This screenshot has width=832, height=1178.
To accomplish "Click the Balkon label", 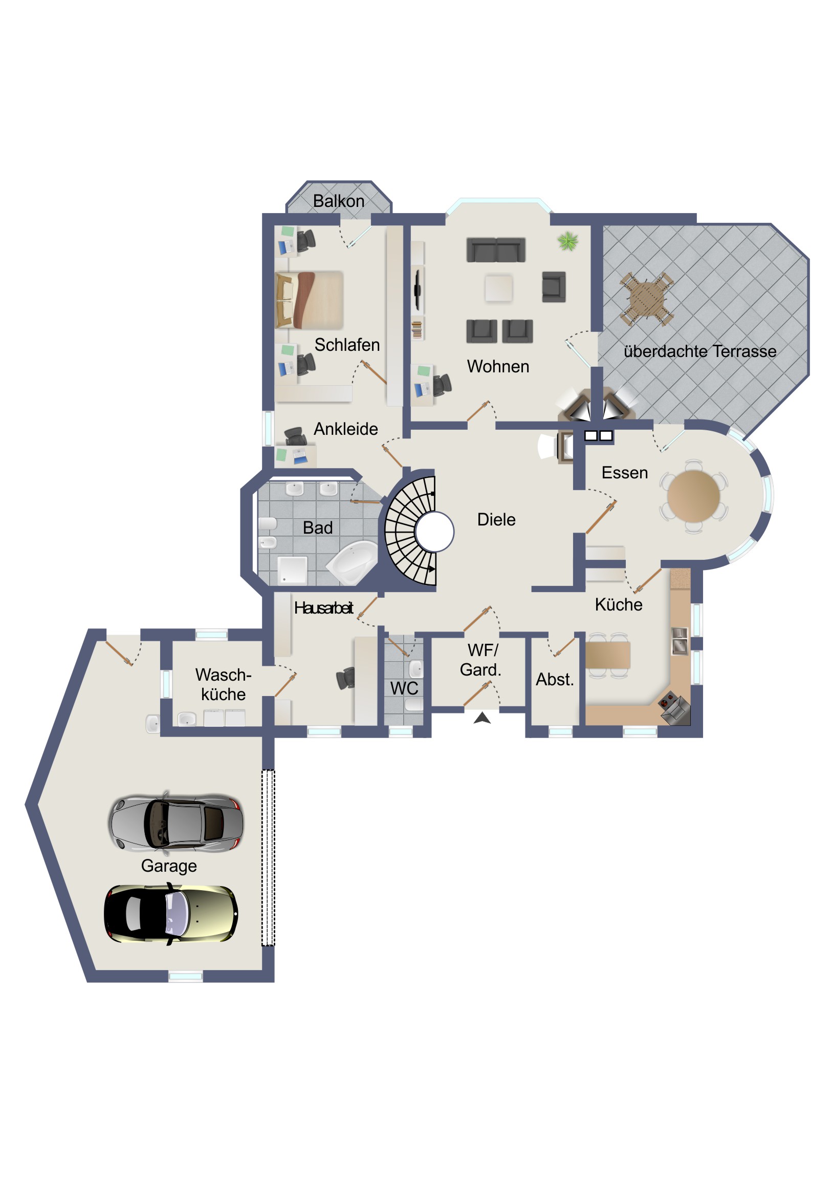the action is click(339, 201).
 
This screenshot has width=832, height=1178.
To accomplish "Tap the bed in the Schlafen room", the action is click(309, 300).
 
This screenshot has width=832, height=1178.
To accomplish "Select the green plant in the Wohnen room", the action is click(568, 241).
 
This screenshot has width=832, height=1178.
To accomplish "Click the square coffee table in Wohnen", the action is click(498, 288).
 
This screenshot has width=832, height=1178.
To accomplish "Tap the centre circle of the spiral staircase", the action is click(435, 532).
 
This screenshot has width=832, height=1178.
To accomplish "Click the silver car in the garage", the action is click(176, 824).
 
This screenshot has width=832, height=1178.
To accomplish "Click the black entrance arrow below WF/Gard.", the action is click(482, 718).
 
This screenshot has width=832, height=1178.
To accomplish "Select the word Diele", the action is click(496, 519).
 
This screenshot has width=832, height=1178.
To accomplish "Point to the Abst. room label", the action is click(555, 679).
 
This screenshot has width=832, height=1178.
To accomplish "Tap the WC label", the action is click(404, 688).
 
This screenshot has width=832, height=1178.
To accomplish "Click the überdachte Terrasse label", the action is click(700, 351).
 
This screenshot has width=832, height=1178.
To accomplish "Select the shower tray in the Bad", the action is click(292, 571).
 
